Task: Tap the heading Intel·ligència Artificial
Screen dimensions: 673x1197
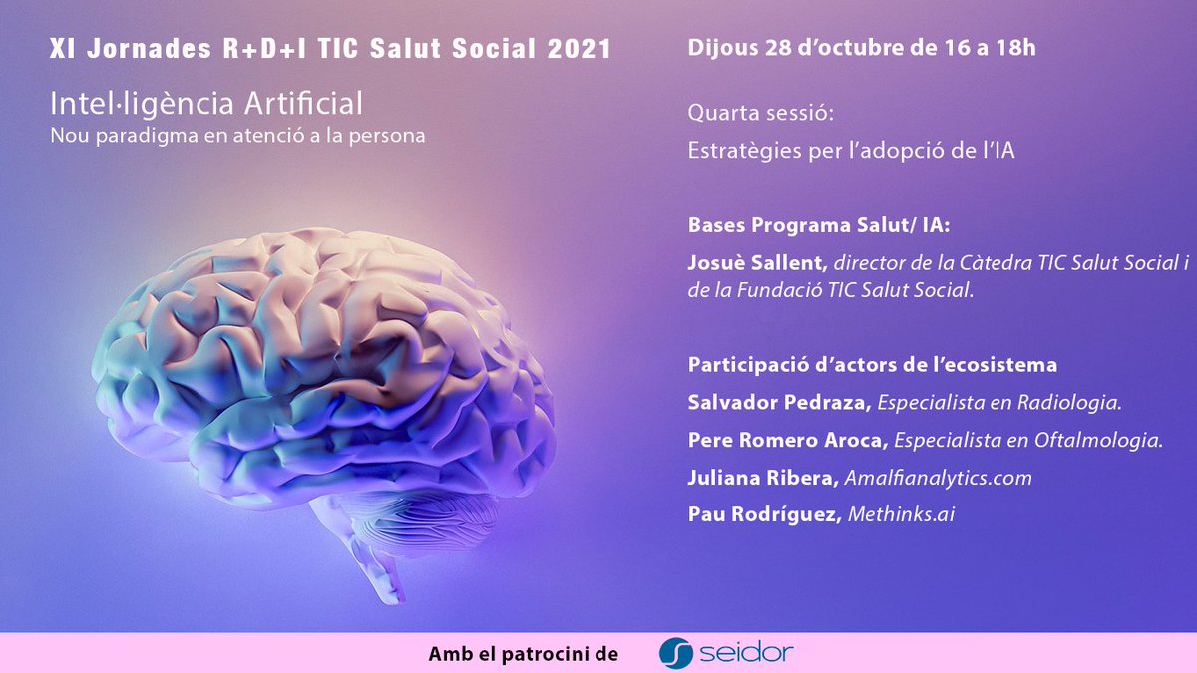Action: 205,103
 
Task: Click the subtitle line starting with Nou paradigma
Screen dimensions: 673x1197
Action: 237,135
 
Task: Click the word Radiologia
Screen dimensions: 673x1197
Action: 1068,402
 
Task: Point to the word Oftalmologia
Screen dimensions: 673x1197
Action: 1105,440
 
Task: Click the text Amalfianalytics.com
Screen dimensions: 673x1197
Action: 938,478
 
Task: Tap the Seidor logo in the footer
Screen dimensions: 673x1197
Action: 726,653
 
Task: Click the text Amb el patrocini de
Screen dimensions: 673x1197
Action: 524,654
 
